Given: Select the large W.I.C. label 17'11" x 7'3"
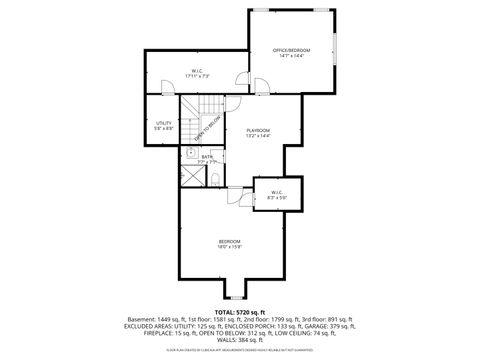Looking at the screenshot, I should click(x=197, y=71).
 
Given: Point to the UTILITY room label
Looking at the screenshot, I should click(x=163, y=123).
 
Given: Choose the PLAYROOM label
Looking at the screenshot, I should click(x=259, y=130).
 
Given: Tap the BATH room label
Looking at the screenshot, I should click(x=207, y=156).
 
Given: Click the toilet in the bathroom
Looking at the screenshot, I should click(x=216, y=179).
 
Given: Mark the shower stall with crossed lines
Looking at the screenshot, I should click(x=191, y=177).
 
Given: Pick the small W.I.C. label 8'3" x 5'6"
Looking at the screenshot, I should click(x=273, y=194).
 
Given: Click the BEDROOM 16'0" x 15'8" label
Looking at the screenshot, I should click(x=231, y=243).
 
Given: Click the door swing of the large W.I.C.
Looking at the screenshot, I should click(x=239, y=82).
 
